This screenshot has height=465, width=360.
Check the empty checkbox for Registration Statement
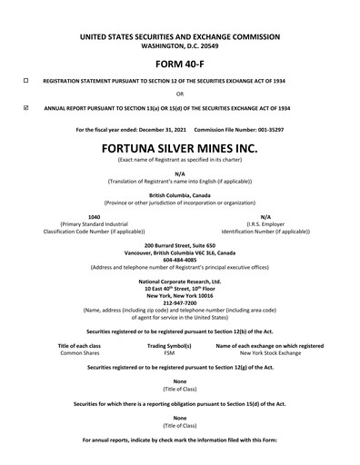click(25, 81)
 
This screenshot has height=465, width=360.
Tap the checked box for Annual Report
click(25, 106)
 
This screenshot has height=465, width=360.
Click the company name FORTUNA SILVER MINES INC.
click(179, 146)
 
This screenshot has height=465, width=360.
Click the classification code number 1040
click(94, 216)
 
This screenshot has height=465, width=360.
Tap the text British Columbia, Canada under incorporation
click(179, 194)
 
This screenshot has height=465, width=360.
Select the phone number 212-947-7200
click(179, 301)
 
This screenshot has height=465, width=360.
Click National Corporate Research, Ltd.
click(179, 281)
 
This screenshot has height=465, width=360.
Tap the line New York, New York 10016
click(179, 294)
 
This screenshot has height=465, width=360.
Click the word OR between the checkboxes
click(179, 94)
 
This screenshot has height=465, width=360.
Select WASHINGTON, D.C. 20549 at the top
click(179, 45)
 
